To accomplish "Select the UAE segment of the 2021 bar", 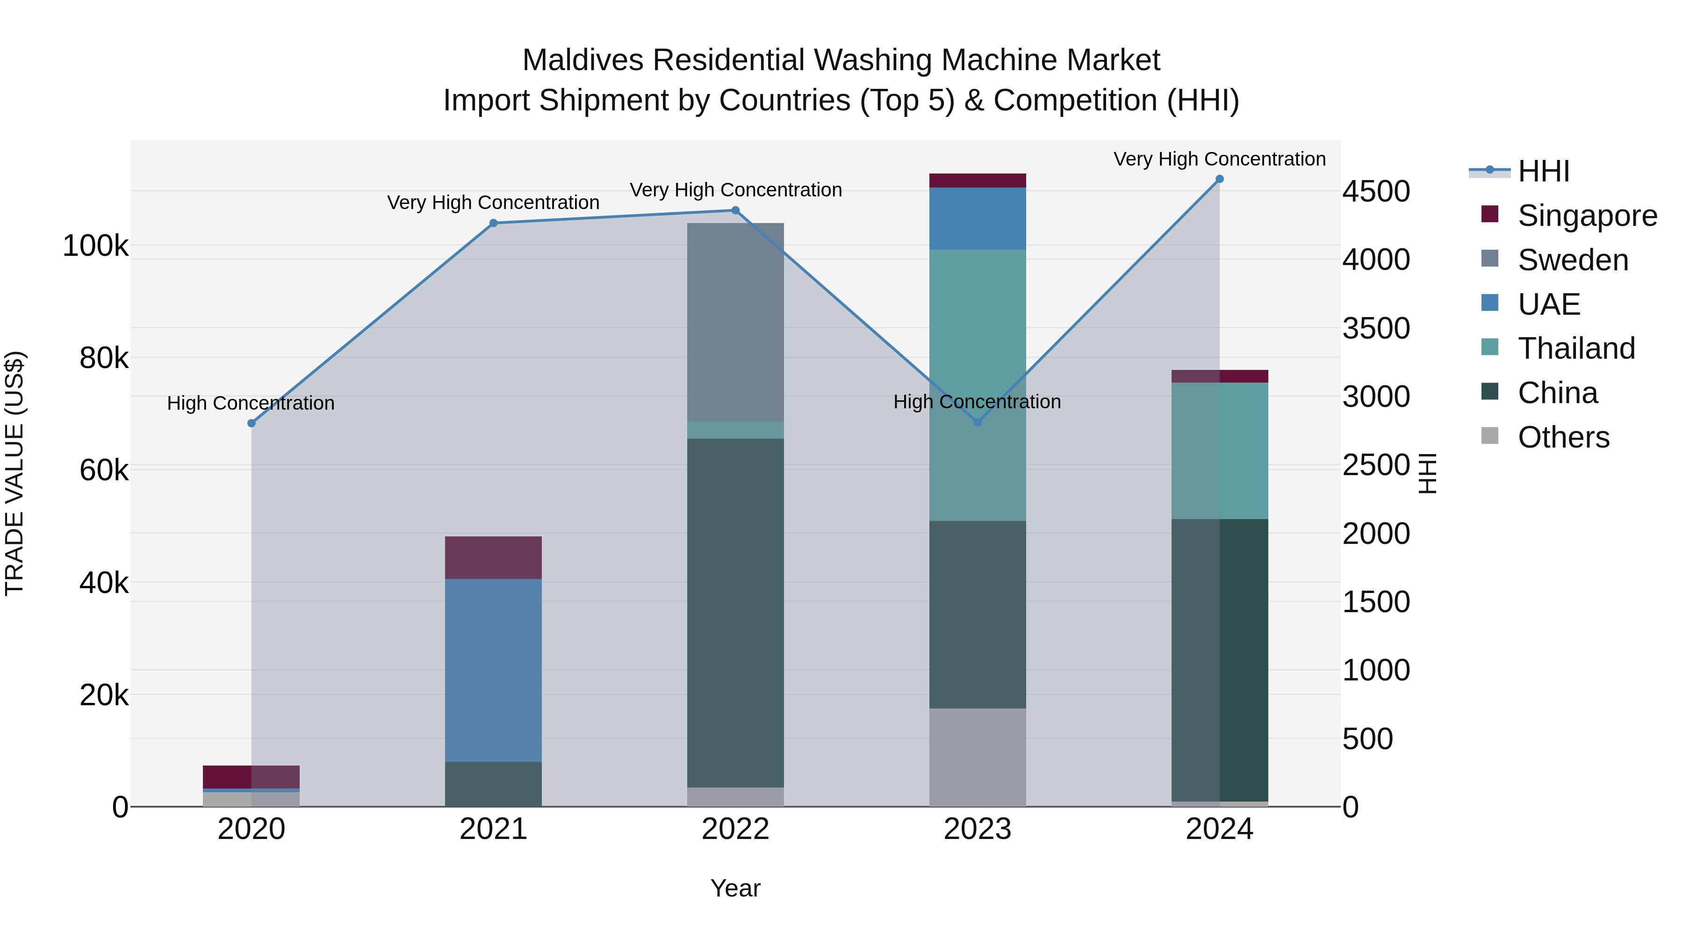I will point(493,670).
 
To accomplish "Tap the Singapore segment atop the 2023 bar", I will point(978,181).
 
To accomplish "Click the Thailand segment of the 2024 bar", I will point(1219,451).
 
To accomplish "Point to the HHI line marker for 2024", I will point(1219,179).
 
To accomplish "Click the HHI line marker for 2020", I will point(252,424).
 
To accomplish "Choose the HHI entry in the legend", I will point(1543,171).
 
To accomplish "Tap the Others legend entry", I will point(1563,437).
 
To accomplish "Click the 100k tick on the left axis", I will point(95,246).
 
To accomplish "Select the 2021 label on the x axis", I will point(493,829).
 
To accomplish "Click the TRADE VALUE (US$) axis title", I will point(14,473).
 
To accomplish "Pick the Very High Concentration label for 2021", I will point(493,202).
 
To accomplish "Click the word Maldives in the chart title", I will point(583,60).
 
